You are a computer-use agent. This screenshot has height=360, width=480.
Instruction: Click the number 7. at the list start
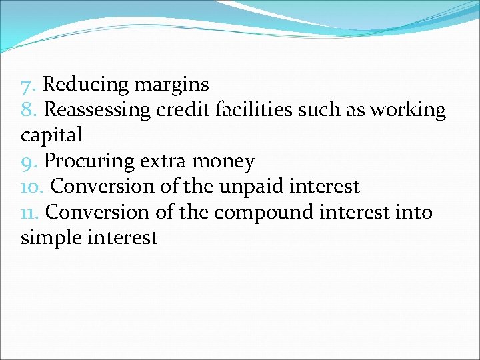pos(28,85)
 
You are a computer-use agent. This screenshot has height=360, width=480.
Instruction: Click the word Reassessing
pos(97,110)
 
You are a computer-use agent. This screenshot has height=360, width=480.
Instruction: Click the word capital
pos(51,135)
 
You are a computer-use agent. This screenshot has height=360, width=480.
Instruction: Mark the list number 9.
pos(29,161)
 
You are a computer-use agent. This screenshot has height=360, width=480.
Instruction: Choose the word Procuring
pos(87,161)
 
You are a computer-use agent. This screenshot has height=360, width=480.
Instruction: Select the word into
pos(414,212)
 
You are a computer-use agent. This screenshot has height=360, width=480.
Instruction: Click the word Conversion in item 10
pos(101,187)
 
